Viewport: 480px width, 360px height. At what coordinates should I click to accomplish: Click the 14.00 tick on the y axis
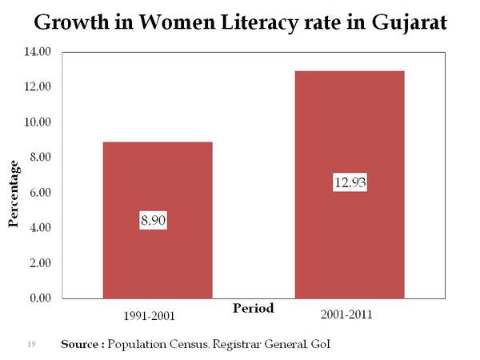point(38,51)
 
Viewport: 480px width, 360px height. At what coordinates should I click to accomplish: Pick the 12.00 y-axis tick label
point(38,86)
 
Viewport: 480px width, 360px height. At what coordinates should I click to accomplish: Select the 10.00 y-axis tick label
point(38,122)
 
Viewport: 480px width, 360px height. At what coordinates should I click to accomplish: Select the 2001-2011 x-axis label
point(349,314)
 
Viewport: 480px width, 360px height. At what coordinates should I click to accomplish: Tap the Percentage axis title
point(14,194)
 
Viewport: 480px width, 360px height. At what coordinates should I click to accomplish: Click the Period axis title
point(253,308)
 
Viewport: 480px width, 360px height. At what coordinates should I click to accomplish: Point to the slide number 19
point(32,344)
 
